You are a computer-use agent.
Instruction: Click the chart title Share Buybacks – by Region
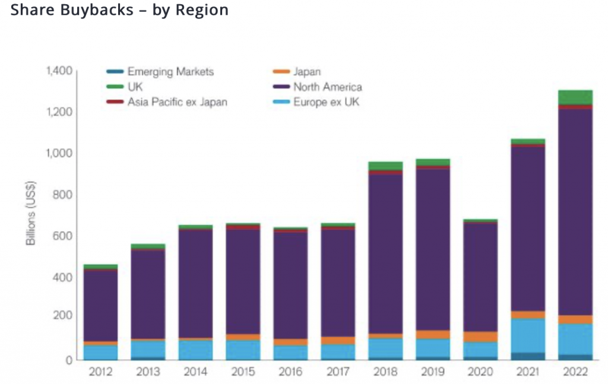[119, 11]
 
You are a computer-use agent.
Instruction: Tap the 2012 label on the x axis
[100, 372]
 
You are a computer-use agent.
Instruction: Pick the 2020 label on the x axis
[480, 372]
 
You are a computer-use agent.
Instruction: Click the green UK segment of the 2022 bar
[575, 97]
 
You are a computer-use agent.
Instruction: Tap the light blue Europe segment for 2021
[528, 335]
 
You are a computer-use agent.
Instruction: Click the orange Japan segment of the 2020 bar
[480, 337]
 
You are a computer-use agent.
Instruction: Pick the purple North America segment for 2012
[100, 306]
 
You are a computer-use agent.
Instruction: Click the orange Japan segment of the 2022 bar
[575, 319]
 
